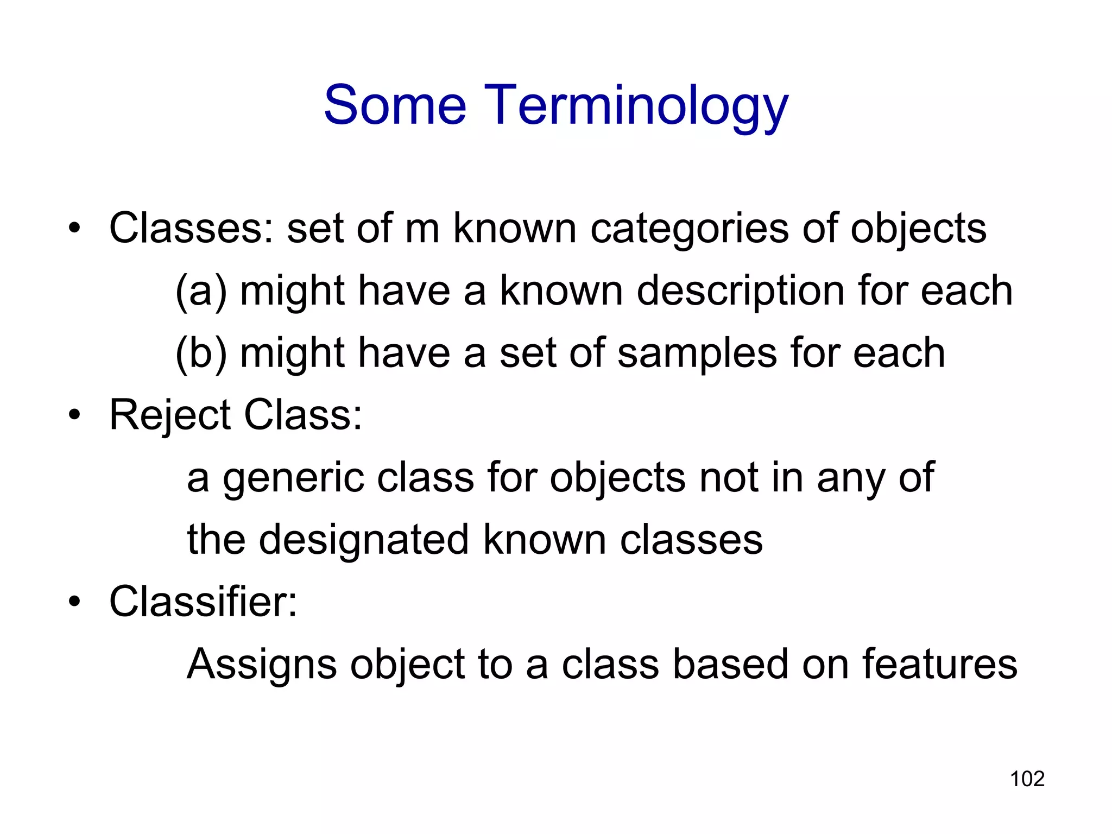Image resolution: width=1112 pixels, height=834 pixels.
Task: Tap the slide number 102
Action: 1027,779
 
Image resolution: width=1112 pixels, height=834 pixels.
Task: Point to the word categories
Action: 689,229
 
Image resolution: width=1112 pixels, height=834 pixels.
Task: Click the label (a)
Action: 201,291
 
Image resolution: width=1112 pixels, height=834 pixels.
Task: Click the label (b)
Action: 201,353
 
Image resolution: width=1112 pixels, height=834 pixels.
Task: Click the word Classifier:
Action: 203,602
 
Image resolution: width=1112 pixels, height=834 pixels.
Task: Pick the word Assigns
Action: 261,666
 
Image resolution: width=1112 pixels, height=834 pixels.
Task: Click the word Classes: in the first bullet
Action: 191,229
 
